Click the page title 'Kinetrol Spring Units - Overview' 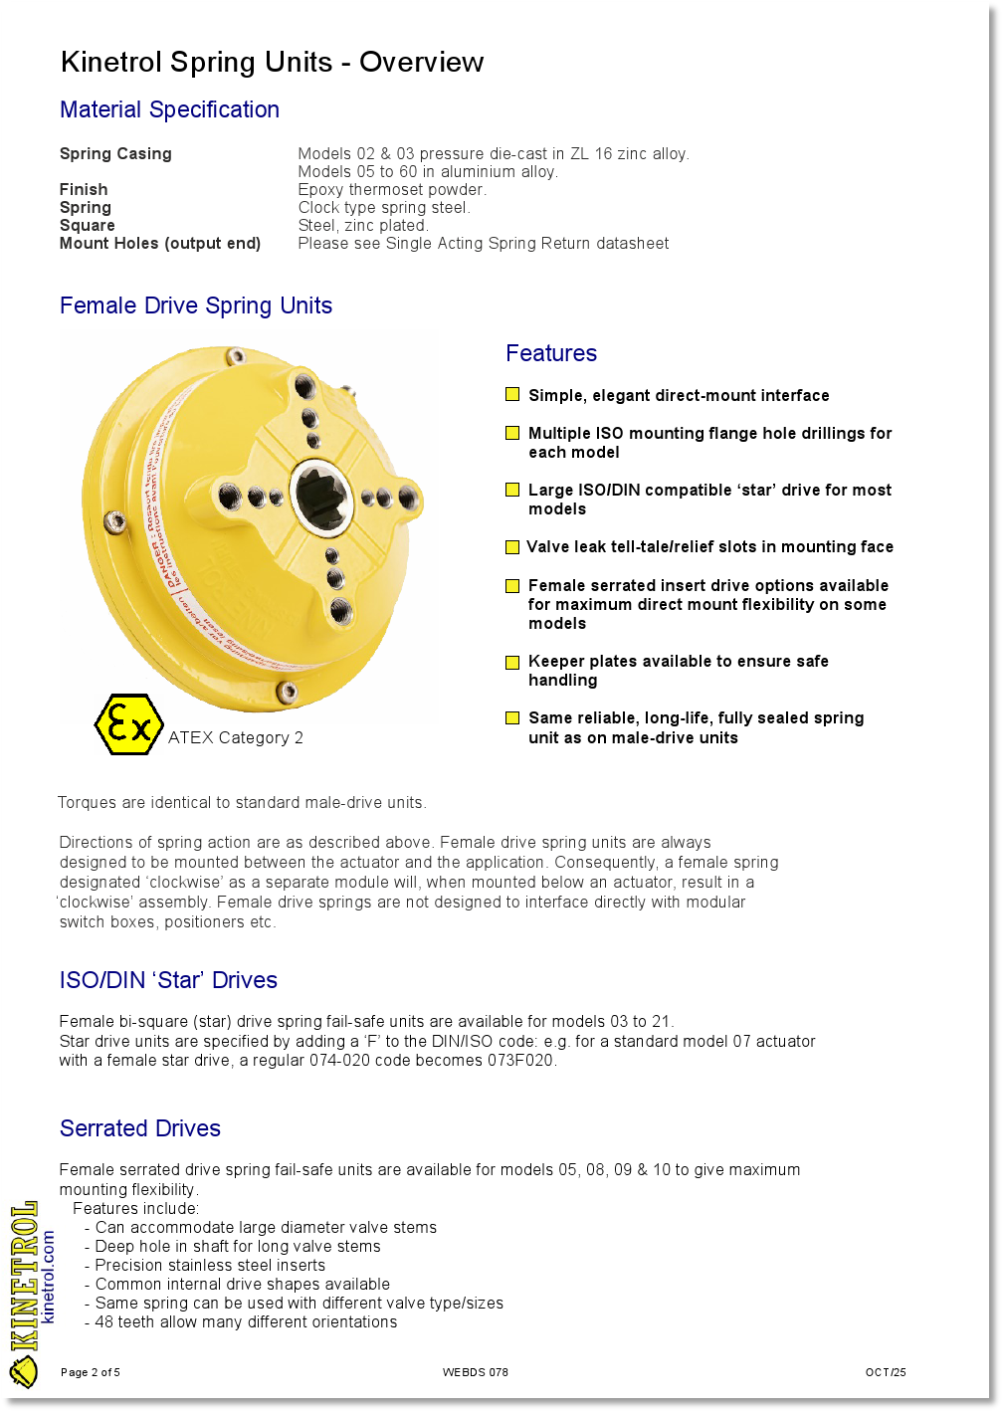coord(272,62)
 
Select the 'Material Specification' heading coord(169,109)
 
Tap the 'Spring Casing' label coord(115,153)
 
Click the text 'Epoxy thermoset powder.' coord(392,189)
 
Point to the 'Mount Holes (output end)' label coord(160,243)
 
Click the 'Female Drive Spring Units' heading coord(196,305)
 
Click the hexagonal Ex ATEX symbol coord(128,724)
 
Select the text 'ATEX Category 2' coord(236,737)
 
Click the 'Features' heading coord(551,353)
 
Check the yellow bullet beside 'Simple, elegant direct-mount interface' coord(512,395)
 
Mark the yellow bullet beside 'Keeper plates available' coord(512,662)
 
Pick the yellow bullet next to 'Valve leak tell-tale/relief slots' coord(512,547)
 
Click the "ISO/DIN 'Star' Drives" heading coord(168,980)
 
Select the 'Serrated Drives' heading coord(140,1128)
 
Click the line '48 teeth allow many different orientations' coord(246,1321)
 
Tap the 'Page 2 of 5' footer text coord(91,1372)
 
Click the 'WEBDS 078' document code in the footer coord(476,1372)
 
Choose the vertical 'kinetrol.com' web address coord(48,1277)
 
